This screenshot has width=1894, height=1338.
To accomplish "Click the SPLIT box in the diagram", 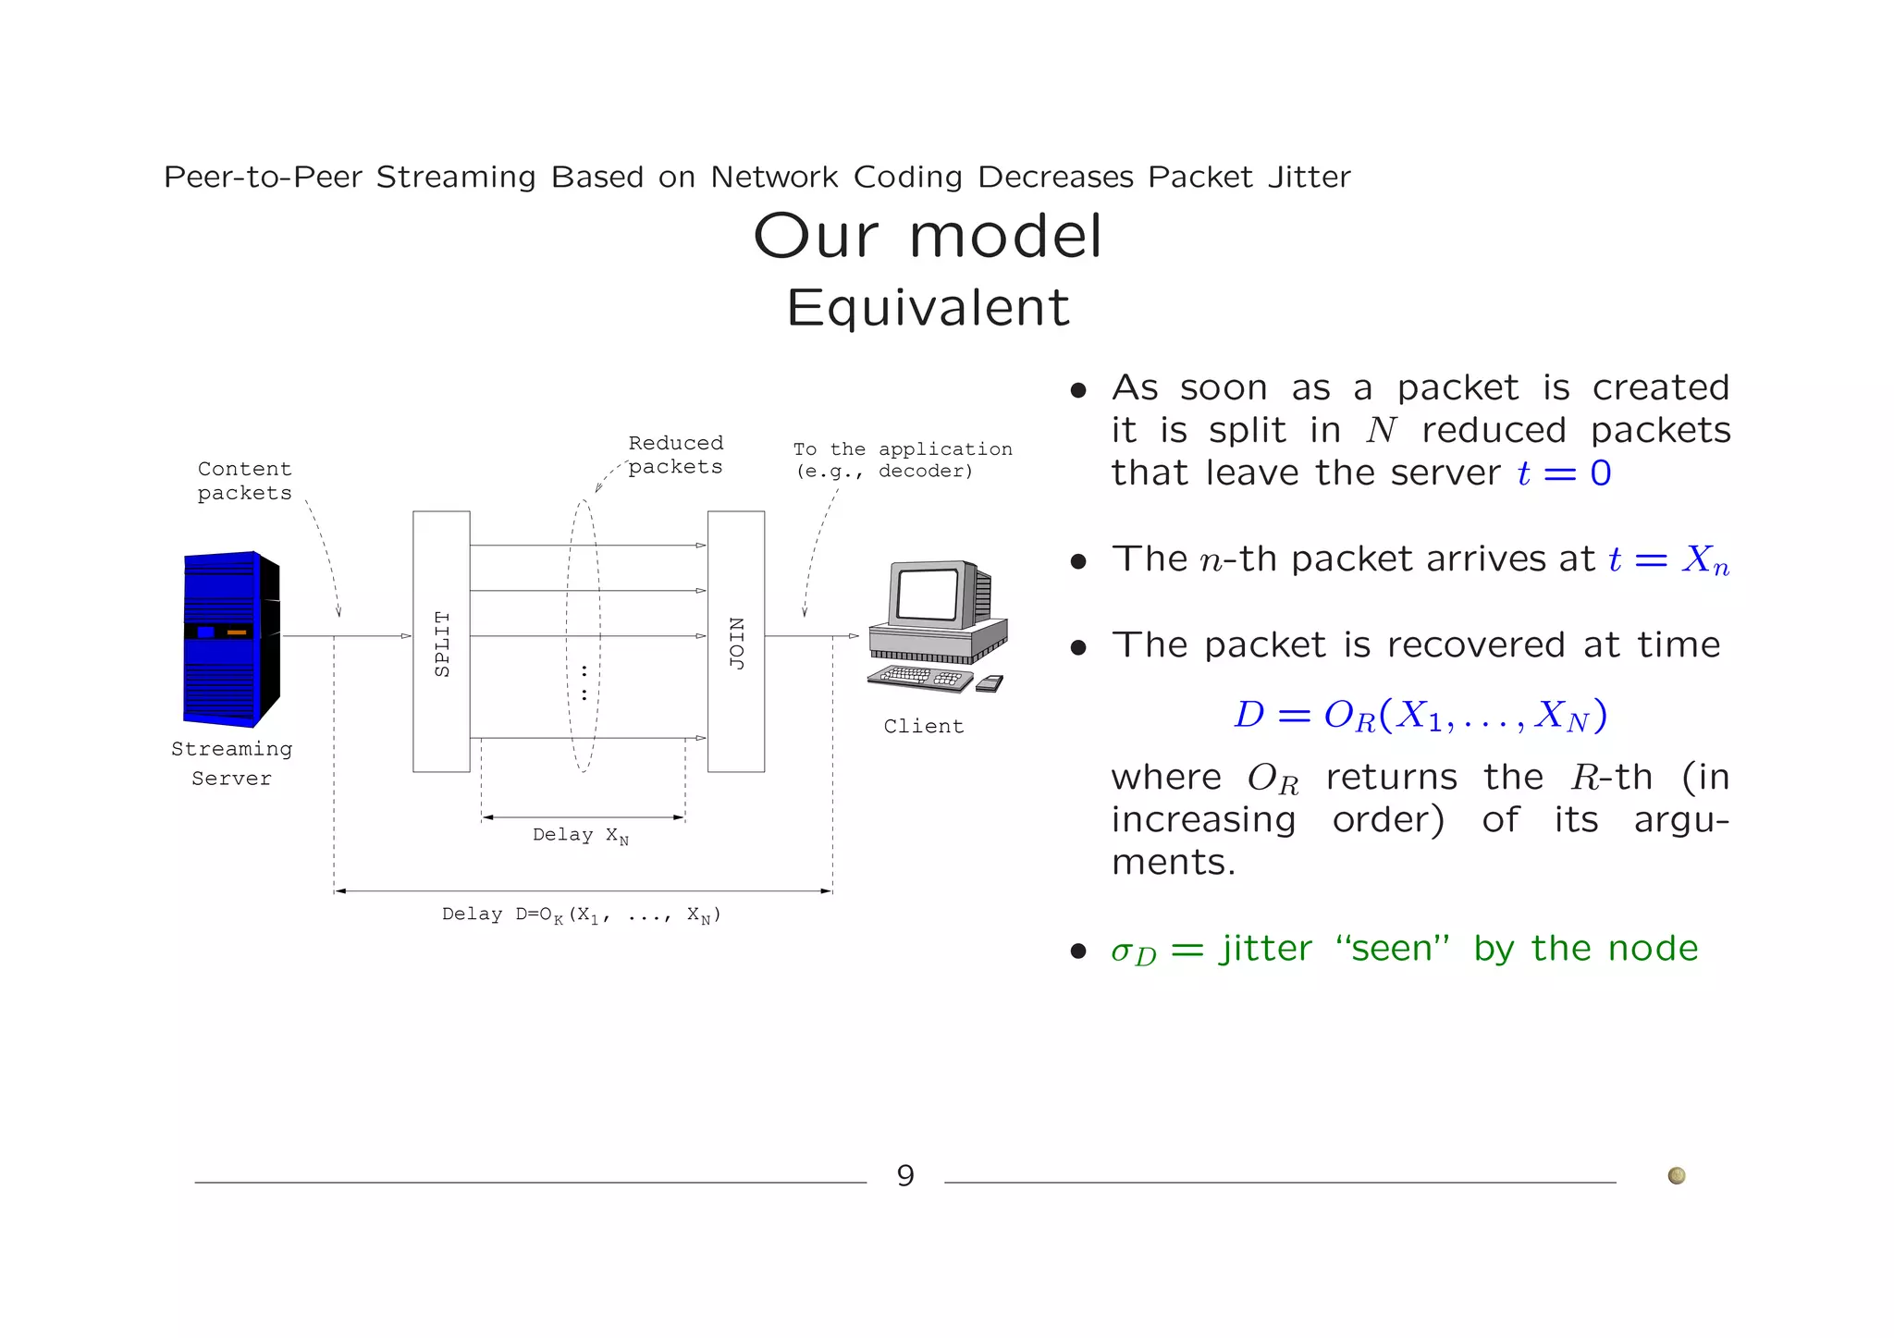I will click(441, 641).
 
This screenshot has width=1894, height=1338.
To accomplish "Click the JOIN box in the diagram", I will click(736, 641).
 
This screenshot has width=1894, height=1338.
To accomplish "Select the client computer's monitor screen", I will click(928, 594).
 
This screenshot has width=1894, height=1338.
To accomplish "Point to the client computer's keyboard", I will click(920, 677).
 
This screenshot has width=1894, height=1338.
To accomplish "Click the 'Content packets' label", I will click(244, 481).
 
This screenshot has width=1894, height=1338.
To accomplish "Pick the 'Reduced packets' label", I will click(675, 455).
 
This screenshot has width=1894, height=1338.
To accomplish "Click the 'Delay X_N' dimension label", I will click(581, 835).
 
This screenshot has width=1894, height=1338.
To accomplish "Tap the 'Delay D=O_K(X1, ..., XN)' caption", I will click(581, 915).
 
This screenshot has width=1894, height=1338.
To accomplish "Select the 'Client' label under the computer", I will click(923, 727).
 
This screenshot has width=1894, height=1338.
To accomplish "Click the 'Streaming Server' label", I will click(231, 763).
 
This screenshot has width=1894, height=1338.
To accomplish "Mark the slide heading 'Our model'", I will click(928, 236).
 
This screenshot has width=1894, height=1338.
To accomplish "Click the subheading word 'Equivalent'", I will click(928, 307).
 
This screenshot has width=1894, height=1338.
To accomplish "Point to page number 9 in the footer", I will click(905, 1175).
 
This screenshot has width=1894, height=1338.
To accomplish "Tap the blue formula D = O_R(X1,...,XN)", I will click(1420, 715).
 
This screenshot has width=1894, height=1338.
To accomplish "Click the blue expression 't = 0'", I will click(1564, 473).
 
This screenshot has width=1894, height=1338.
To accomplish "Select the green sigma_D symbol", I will click(1133, 951).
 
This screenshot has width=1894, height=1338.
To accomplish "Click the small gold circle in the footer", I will click(1676, 1175).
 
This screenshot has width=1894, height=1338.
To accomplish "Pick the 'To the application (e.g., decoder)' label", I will click(902, 460).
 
